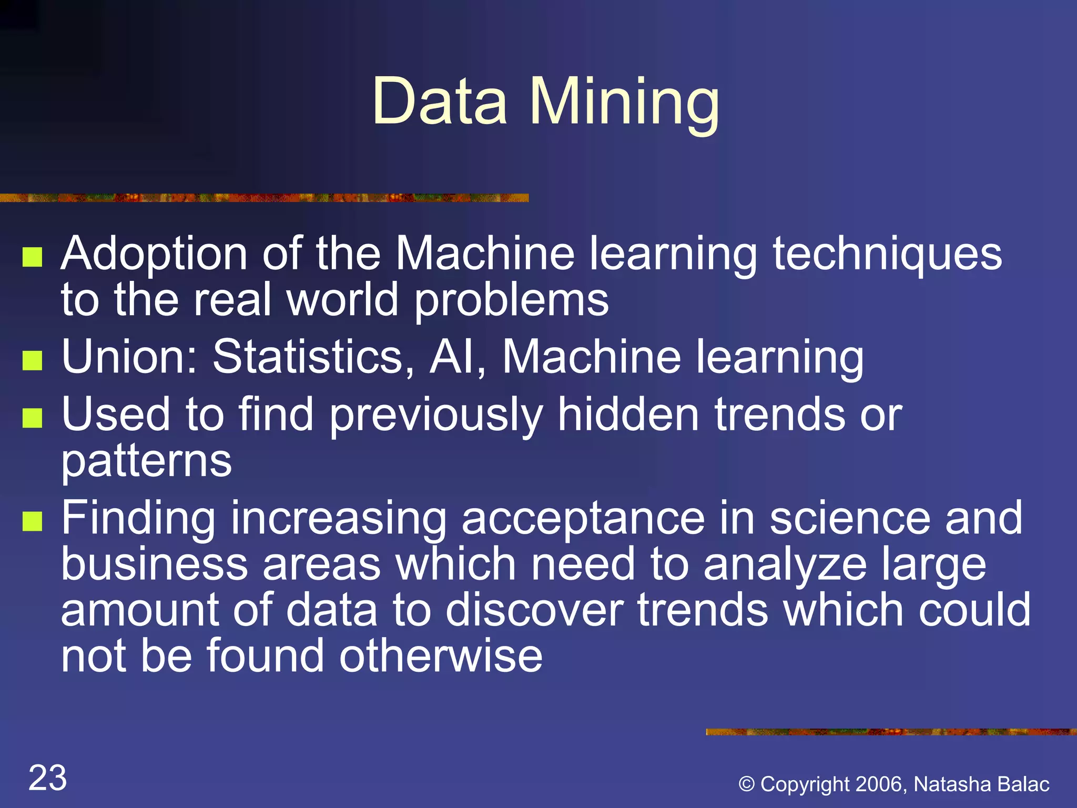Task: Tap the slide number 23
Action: point(47,777)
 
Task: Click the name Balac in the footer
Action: point(1023,784)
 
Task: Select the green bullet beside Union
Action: point(33,360)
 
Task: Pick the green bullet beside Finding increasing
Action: point(33,521)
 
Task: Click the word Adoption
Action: point(154,255)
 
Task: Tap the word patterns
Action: point(146,461)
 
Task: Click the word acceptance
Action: point(583,519)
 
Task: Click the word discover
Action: point(534,610)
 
